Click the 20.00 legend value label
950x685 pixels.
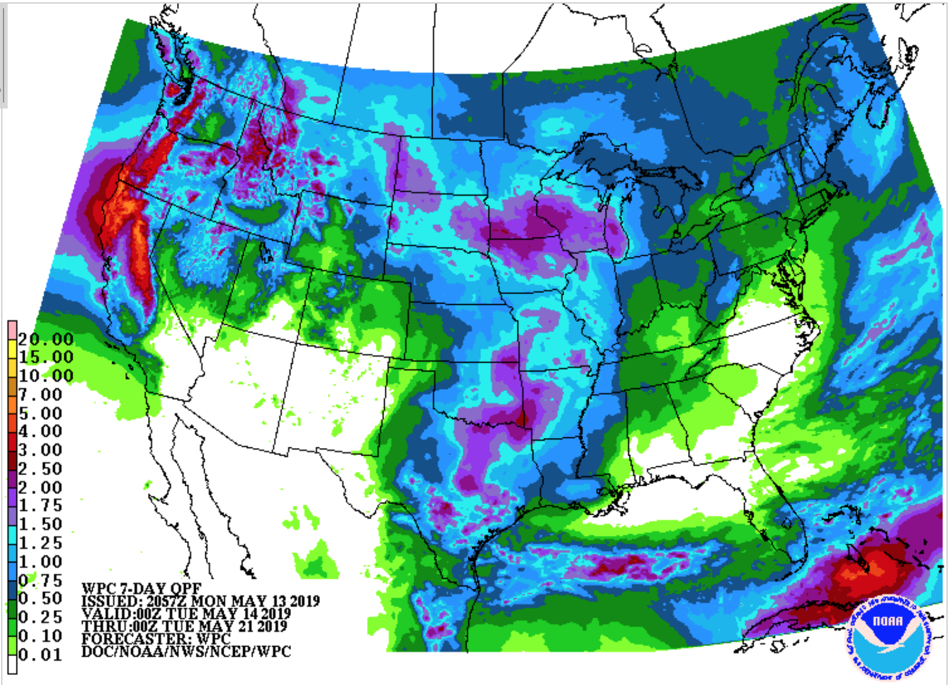click(45, 339)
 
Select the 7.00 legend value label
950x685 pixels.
click(40, 394)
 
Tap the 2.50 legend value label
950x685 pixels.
click(40, 469)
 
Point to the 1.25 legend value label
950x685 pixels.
click(40, 543)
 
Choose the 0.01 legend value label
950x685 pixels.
click(40, 655)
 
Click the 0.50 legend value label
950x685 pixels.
click(40, 598)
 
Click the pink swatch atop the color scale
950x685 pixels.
click(12, 331)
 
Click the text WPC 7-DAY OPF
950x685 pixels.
click(141, 588)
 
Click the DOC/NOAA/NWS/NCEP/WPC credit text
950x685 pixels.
click(186, 651)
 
